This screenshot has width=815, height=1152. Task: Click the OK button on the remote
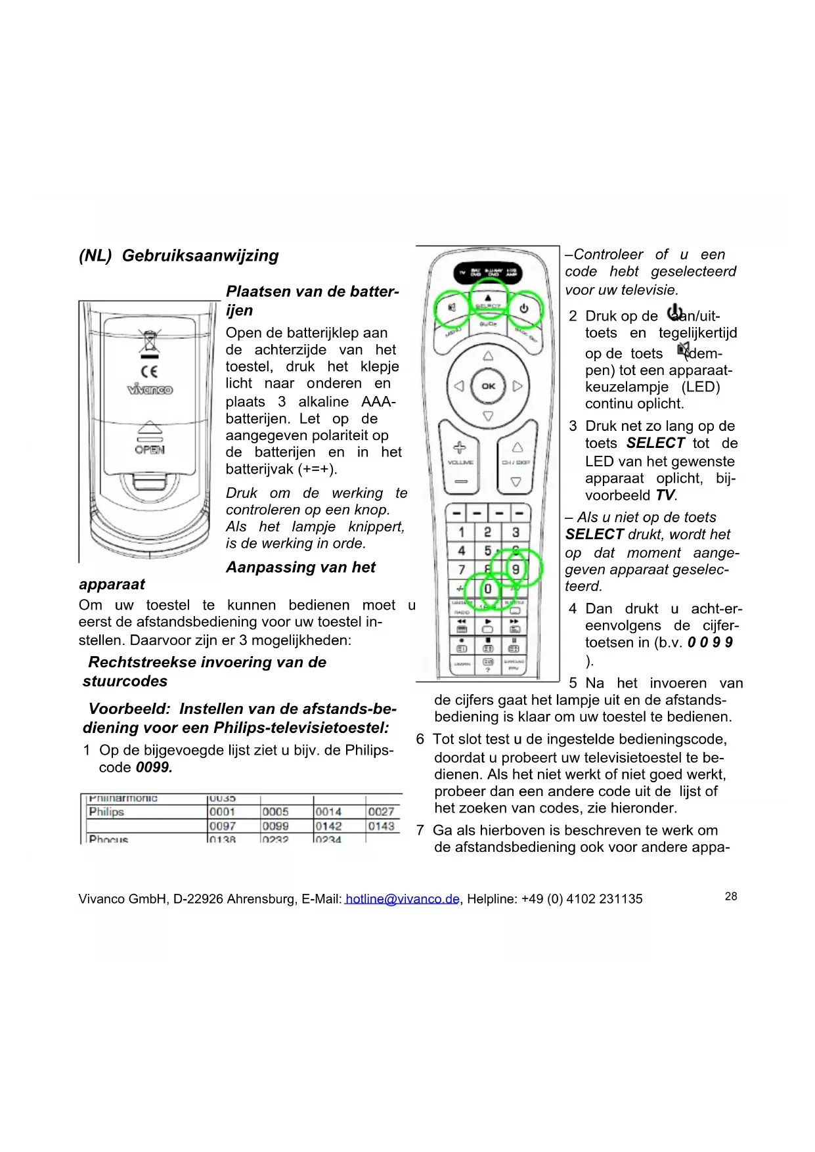pos(488,386)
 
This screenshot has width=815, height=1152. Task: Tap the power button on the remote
pos(523,308)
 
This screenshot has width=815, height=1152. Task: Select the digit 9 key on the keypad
pos(516,569)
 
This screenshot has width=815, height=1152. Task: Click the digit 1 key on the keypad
pos(462,532)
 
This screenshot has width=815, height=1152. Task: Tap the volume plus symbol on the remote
pos(460,448)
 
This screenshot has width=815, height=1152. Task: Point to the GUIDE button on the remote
pos(488,324)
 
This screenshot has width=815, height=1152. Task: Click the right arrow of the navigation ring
pos(518,386)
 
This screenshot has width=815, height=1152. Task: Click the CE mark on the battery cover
pos(150,372)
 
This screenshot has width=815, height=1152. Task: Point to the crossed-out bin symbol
pos(150,342)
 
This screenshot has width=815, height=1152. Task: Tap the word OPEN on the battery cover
pos(150,450)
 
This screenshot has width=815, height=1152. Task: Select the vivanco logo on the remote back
pos(150,389)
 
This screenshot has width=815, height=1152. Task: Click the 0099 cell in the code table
pos(276,826)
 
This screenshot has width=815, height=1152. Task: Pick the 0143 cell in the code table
pos(381,826)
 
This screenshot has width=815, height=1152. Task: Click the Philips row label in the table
pos(106,812)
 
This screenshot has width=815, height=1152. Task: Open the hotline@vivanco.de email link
pos(402,899)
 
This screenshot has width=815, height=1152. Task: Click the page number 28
pos(731,897)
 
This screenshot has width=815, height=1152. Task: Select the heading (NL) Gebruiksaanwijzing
pos(179,255)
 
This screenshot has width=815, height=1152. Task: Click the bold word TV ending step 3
pos(665,495)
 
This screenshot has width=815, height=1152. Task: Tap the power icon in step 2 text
pos(674,313)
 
